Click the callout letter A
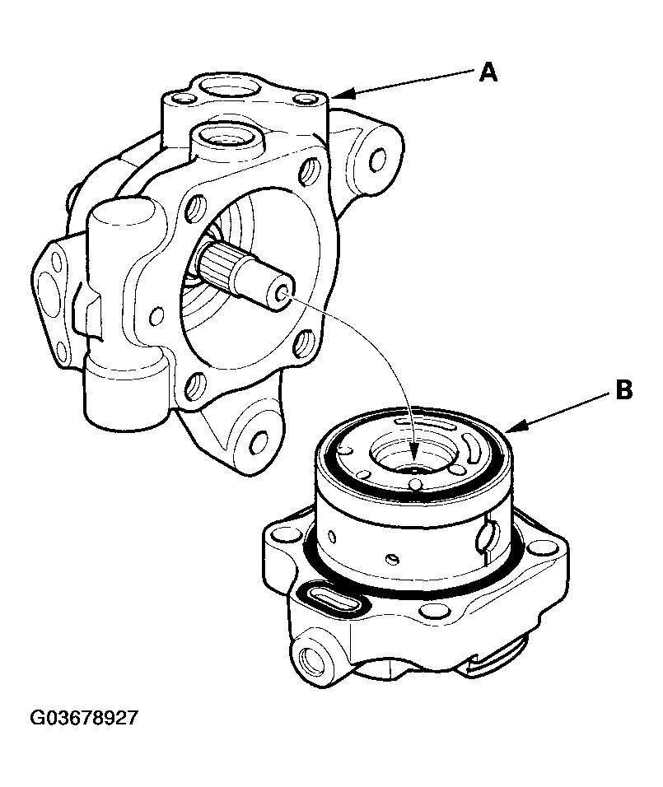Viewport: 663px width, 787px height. [488, 72]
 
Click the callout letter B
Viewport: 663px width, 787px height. [623, 389]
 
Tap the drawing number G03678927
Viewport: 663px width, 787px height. [84, 718]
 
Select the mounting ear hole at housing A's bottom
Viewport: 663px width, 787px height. [259, 442]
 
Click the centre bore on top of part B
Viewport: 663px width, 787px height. [413, 460]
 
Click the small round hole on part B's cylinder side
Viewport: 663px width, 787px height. [393, 558]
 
